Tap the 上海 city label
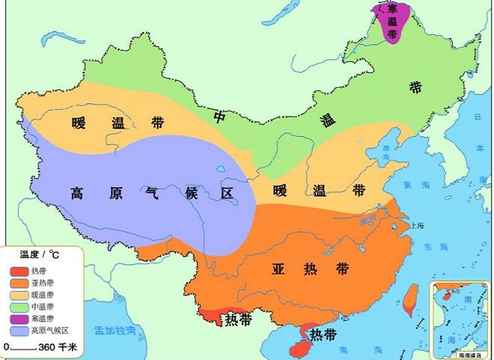click(417, 225)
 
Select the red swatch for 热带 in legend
click(19, 271)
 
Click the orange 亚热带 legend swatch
click(19, 283)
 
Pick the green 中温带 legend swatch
click(19, 307)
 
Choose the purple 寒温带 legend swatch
click(19, 319)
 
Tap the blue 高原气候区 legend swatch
click(19, 331)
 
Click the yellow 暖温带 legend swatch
click(19, 295)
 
